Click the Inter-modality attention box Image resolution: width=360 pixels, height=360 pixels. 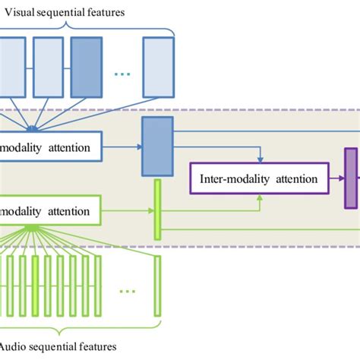pos(260,180)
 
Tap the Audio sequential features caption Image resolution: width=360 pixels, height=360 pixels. pos(60,346)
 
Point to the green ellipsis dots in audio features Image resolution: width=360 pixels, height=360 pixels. pos(127,289)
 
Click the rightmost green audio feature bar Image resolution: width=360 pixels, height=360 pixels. pos(157,286)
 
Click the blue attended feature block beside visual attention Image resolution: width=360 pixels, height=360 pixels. pos(157,147)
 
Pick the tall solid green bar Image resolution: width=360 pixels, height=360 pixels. pos(157,209)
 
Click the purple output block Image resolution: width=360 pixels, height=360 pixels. pos(350,178)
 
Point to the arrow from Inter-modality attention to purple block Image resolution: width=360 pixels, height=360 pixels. pos(336,180)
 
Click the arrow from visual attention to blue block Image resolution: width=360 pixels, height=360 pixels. pos(122,147)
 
